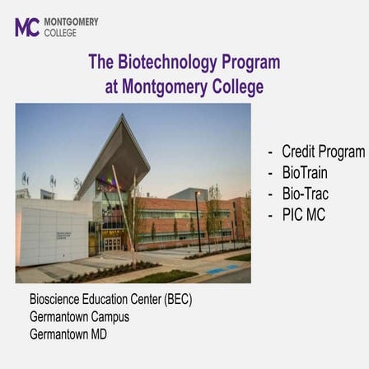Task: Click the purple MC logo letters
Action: (x=26, y=27)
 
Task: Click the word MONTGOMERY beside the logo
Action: (x=70, y=21)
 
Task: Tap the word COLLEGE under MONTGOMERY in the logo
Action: (x=60, y=33)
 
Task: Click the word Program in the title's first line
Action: (x=250, y=63)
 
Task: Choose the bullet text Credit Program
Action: (x=323, y=152)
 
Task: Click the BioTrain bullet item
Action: (x=305, y=173)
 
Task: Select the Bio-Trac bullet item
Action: (x=305, y=194)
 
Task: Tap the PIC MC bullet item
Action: (x=303, y=215)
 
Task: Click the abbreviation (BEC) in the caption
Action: (x=179, y=299)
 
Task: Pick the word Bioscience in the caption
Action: (x=54, y=299)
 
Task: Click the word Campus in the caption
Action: (x=110, y=316)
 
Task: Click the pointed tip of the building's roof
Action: (x=124, y=116)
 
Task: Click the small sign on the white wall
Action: (x=63, y=236)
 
